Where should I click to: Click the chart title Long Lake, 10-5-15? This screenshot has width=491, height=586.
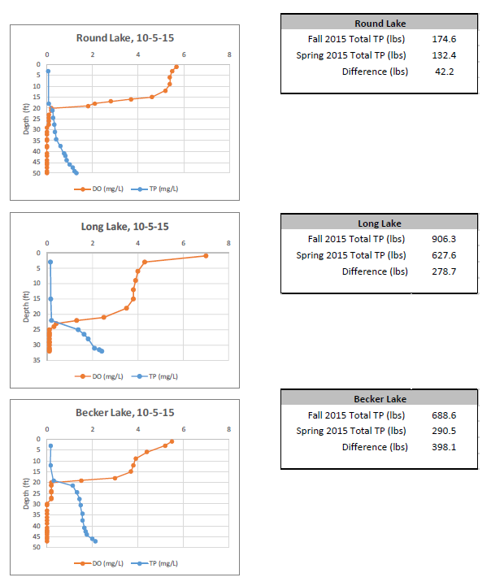(125, 226)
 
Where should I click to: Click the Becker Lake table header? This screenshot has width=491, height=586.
(380, 398)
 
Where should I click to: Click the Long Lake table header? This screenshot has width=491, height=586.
(380, 224)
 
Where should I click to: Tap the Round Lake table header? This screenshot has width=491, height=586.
(380, 24)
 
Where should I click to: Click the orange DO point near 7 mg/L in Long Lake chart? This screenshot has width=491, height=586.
(206, 256)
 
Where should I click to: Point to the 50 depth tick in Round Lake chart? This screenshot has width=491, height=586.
(37, 173)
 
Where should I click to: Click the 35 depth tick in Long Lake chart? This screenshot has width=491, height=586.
(37, 360)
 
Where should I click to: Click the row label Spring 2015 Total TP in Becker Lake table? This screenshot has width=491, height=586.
(350, 431)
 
